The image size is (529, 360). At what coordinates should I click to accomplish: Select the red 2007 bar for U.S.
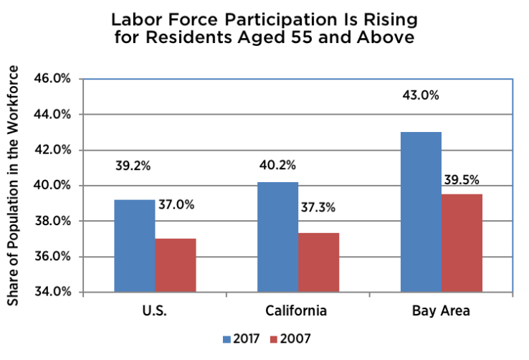pyautogui.click(x=176, y=265)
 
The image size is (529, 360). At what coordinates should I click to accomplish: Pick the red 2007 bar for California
pyautogui.click(x=319, y=262)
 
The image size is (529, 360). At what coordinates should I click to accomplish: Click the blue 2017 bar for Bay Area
pyautogui.click(x=421, y=212)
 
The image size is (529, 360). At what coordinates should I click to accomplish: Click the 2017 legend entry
pyautogui.click(x=240, y=338)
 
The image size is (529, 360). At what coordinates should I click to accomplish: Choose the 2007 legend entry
pyautogui.click(x=291, y=338)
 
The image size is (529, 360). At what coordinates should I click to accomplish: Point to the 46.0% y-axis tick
pyautogui.click(x=52, y=78)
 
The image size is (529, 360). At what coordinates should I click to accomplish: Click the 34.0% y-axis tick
pyautogui.click(x=52, y=292)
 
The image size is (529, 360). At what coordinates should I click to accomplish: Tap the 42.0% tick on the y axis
pyautogui.click(x=52, y=150)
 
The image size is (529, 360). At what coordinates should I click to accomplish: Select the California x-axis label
pyautogui.click(x=297, y=311)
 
